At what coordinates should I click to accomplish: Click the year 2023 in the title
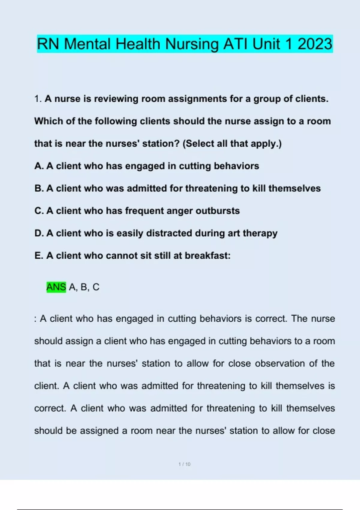click(x=315, y=44)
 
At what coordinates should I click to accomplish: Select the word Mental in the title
click(x=88, y=44)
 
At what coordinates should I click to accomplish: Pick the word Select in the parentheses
click(x=199, y=144)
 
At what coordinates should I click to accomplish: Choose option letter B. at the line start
click(x=39, y=188)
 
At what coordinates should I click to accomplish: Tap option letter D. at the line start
click(x=39, y=233)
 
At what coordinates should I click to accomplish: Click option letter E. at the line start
click(x=39, y=256)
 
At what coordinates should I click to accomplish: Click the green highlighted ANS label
click(x=56, y=287)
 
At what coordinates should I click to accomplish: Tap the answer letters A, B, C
click(x=84, y=287)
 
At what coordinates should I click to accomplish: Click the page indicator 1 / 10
click(x=184, y=464)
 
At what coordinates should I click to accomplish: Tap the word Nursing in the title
click(x=192, y=44)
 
